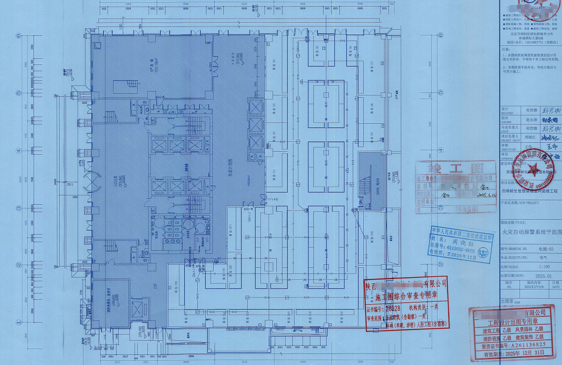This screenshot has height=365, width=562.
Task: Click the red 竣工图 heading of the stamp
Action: [449, 168]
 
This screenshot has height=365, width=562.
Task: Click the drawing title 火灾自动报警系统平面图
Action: [532, 232]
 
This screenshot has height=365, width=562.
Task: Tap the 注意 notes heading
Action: [505, 50]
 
